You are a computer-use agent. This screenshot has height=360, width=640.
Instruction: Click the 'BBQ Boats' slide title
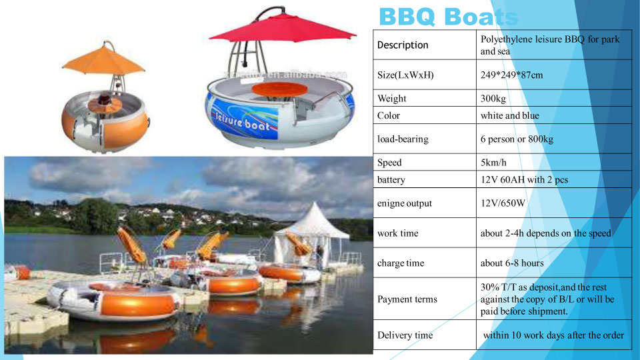449,17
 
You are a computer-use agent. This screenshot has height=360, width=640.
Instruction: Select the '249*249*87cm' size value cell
511,75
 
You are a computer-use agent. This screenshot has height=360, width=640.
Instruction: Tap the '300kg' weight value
493,99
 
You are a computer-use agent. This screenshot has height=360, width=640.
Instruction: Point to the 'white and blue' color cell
510,115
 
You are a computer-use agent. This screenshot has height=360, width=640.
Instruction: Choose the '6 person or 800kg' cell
517,139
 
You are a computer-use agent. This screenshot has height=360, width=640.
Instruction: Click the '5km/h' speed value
493,163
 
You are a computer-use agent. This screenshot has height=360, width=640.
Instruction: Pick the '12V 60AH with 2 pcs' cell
524,179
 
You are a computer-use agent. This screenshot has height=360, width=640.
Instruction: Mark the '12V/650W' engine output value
503,203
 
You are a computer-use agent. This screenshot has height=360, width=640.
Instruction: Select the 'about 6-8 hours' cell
512,263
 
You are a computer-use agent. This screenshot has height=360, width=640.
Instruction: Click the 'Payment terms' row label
407,299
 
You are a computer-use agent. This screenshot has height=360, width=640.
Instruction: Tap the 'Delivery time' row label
405,335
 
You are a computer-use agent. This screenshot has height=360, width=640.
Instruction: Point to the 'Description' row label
403,45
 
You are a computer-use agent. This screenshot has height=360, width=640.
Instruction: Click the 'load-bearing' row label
403,139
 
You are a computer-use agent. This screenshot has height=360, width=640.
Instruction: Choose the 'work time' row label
398,233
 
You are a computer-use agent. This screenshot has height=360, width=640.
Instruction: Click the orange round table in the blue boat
279,89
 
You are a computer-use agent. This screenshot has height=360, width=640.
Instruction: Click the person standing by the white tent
319,257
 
